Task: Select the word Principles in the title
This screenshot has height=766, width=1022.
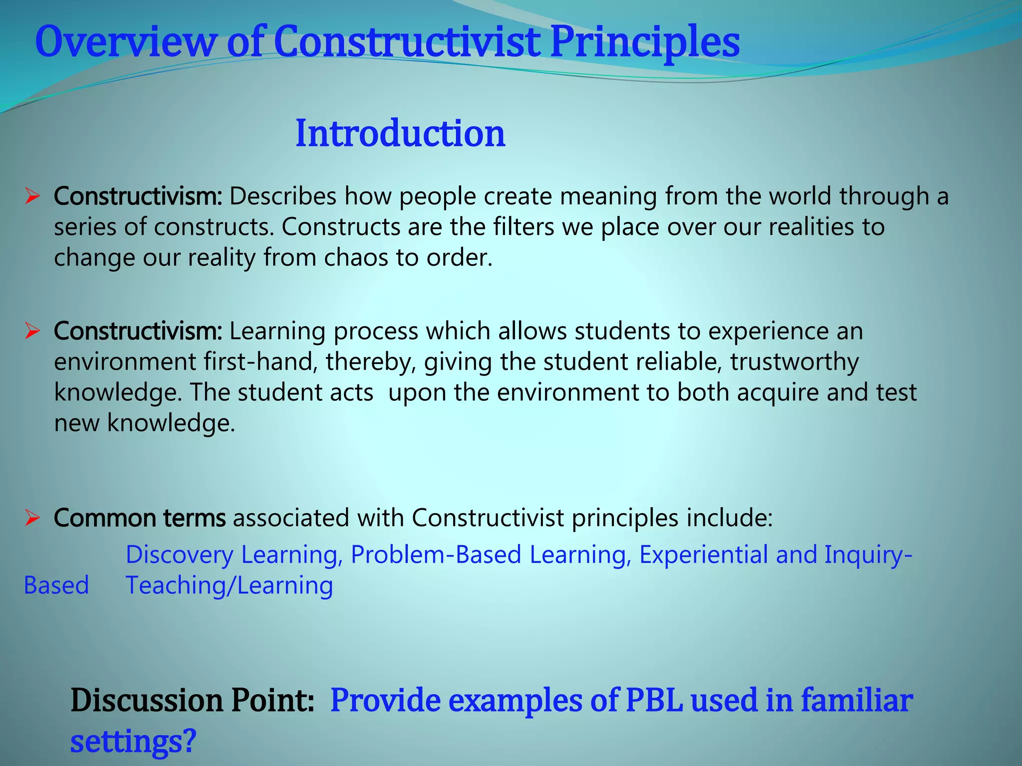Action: click(645, 42)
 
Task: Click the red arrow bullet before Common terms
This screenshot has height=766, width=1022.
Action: click(32, 518)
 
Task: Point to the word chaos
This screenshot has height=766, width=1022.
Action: click(356, 258)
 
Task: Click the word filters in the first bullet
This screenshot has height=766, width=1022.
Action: click(523, 227)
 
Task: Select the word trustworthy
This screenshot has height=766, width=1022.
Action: click(794, 362)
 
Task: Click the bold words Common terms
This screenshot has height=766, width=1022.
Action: click(140, 518)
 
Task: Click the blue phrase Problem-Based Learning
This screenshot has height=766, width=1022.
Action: click(488, 555)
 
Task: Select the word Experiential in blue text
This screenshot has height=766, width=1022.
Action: click(704, 555)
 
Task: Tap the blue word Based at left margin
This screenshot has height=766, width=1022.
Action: click(56, 585)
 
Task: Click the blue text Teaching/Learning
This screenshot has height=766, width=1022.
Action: click(229, 585)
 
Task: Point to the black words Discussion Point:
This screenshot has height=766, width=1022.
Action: click(193, 701)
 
